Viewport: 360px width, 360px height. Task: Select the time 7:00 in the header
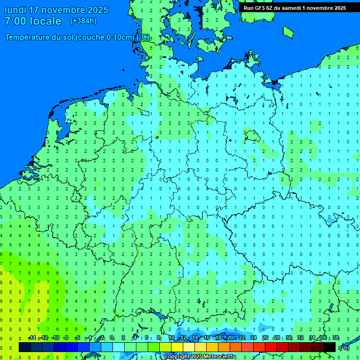[15, 21]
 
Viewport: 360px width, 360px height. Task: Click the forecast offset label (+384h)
[83, 21]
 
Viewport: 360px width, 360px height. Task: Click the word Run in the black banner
[248, 8]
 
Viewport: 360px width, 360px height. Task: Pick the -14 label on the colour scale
[32, 338]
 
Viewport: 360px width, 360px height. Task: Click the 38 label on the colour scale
[335, 338]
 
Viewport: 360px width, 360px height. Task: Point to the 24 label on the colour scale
[254, 338]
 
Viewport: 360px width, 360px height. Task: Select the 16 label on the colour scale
[207, 338]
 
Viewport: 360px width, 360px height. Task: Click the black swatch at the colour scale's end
[330, 347]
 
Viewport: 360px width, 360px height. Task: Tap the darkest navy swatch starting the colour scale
[24, 347]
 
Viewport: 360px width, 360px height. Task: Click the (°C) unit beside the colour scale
[344, 347]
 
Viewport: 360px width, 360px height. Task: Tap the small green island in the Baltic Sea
[288, 31]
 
